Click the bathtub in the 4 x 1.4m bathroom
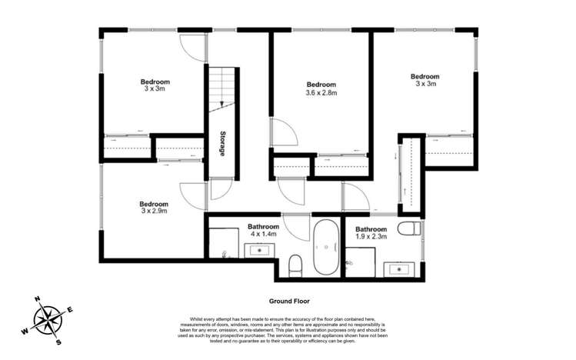[x=325, y=248]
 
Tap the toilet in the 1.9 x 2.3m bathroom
[x=409, y=228]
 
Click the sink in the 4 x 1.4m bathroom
[x=260, y=250]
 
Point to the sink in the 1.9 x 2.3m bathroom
[x=398, y=268]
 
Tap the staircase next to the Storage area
[x=222, y=89]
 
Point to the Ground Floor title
[x=288, y=302]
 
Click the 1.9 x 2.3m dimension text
[x=370, y=237]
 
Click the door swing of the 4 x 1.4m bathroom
[x=296, y=227]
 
